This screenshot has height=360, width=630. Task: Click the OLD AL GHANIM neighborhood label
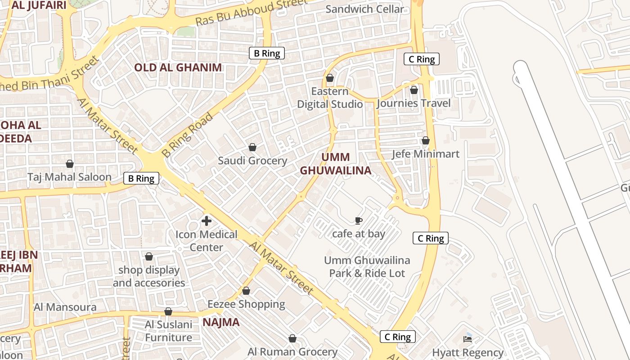[x=178, y=67]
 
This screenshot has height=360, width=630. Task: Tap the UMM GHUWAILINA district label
[x=336, y=164]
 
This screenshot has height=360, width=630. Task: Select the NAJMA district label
[x=221, y=322]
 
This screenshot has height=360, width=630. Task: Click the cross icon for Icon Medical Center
[x=207, y=221]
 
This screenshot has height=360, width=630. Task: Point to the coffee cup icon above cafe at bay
[x=358, y=220]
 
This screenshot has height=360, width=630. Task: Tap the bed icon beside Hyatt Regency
[x=468, y=339]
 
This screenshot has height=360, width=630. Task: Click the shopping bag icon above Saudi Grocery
[x=252, y=147]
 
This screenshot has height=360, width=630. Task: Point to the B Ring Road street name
[x=187, y=135]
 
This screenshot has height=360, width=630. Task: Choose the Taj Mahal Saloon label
[x=69, y=177]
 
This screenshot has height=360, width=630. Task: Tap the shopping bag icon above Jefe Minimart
[x=425, y=141]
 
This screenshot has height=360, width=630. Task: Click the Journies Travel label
[x=414, y=103]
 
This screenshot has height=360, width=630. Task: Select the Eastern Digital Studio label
[x=330, y=98]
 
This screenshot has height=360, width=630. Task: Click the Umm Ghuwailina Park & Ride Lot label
[x=367, y=266]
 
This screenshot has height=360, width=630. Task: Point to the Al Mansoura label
[x=65, y=307]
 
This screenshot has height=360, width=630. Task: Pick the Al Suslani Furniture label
[x=168, y=331]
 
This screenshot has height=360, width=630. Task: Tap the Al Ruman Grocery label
[x=292, y=351]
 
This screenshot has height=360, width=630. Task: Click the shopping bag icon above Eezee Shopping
[x=246, y=291]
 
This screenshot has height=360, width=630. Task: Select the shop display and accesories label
[x=149, y=276]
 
